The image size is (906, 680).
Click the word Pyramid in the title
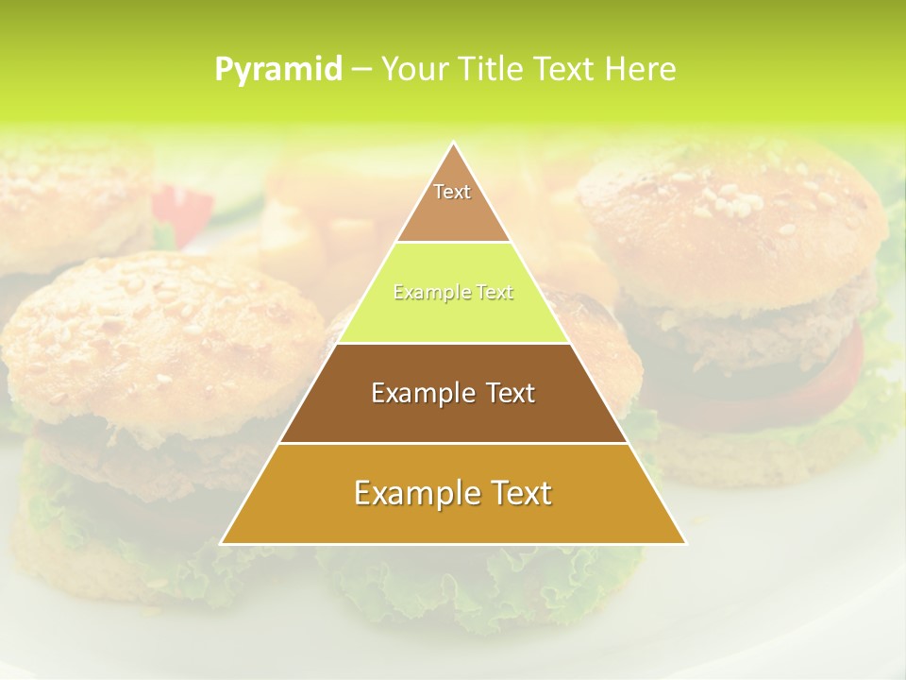[x=278, y=69]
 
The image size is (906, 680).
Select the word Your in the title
[x=415, y=69]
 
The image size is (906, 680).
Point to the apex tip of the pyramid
[x=454, y=144]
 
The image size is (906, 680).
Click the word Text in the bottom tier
[x=513, y=493]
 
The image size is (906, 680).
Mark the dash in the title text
[x=361, y=70]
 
